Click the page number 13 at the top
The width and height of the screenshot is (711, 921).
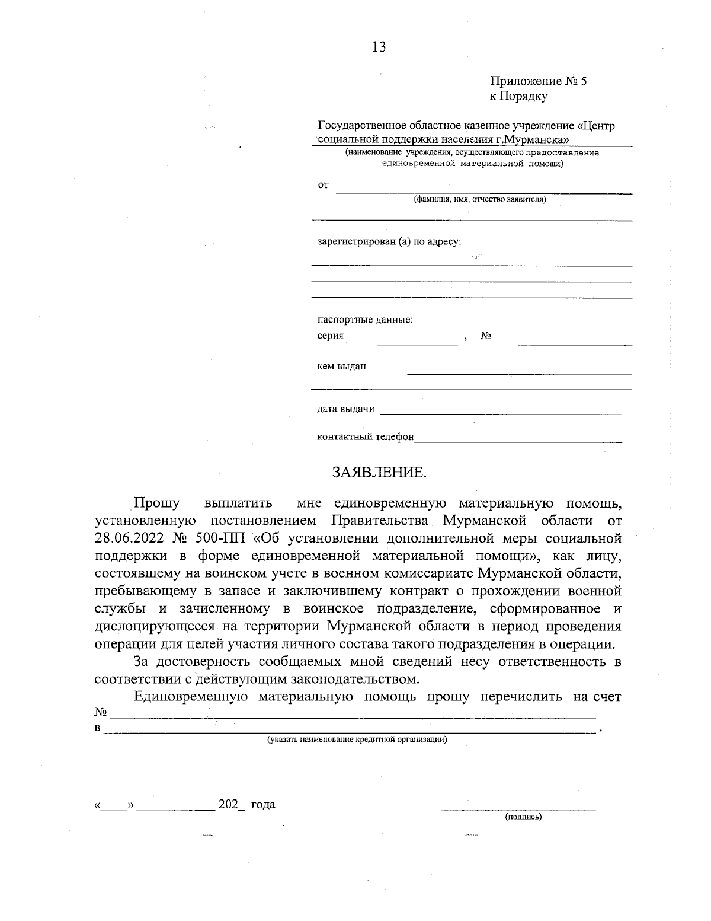379,47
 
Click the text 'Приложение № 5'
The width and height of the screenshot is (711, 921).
537,81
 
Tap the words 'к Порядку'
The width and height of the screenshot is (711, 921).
518,96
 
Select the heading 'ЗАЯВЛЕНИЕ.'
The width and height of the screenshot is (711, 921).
379,473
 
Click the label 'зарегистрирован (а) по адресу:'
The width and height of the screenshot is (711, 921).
389,242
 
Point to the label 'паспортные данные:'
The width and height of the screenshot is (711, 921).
365,320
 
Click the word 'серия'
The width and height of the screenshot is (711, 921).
331,336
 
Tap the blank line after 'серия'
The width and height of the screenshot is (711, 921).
418,342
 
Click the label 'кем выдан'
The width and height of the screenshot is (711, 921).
342,367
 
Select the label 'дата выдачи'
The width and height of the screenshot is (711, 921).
346,409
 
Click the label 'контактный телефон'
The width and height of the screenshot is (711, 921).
366,438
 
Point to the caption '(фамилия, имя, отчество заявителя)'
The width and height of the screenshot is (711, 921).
479,200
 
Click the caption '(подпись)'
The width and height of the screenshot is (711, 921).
523,817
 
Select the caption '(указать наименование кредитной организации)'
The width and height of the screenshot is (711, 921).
357,740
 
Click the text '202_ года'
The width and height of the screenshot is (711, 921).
246,805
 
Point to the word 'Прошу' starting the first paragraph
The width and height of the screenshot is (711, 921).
156,503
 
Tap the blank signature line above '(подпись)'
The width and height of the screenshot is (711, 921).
518,808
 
